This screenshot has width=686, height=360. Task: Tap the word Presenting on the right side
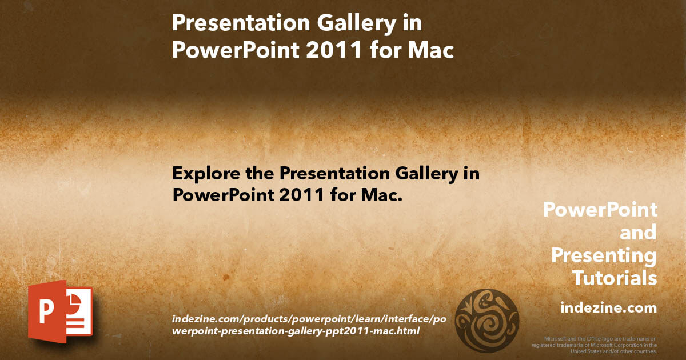coord(604,256)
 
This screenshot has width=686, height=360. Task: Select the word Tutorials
coord(615,278)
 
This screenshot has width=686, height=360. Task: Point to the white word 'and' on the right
coord(638,233)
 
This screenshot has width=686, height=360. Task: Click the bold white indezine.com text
coord(608,307)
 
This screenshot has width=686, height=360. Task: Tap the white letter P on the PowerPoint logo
coord(46,311)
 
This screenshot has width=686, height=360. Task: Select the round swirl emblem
coord(487,320)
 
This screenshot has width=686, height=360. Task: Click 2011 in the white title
coord(334,50)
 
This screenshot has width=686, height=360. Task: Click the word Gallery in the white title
coord(357,24)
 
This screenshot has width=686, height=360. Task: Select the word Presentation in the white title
coord(241,23)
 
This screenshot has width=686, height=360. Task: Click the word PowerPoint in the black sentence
coord(223,195)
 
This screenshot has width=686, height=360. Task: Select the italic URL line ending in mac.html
coord(296,331)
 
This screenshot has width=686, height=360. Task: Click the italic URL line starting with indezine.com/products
coord(309,319)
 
